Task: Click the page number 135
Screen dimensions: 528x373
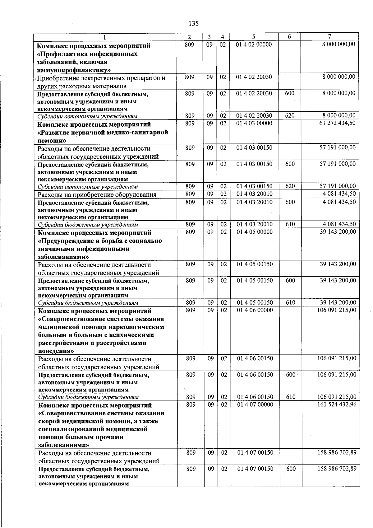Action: tap(193, 23)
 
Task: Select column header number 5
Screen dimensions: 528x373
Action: tap(254, 37)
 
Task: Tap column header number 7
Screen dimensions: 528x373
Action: tap(329, 36)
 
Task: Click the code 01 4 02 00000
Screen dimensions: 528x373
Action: tap(254, 44)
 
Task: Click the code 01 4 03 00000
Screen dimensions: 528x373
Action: tap(254, 123)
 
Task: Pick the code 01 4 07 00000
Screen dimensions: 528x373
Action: tap(255, 404)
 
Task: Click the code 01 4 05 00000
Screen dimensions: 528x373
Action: tap(254, 232)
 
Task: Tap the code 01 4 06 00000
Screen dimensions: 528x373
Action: tap(255, 310)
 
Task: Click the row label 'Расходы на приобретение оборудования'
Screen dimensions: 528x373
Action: tap(97, 195)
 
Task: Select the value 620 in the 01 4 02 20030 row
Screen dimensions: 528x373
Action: tap(290, 116)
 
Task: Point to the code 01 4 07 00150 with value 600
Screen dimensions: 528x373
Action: tap(255, 469)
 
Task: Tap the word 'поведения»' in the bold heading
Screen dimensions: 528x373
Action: tap(56, 351)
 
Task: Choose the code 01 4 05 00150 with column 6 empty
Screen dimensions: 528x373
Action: tap(254, 264)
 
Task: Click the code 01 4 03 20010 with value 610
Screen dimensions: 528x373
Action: tap(254, 224)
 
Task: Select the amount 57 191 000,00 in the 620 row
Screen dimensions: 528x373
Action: tap(337, 186)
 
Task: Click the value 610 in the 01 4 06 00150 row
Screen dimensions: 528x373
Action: tap(291, 397)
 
